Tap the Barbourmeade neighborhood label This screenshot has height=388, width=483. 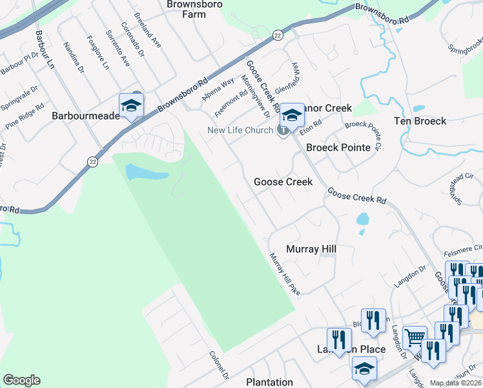click(82, 116)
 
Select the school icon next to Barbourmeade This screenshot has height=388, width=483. click(131, 105)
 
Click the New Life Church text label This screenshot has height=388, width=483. click(240, 131)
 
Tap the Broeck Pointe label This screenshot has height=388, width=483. click(338, 147)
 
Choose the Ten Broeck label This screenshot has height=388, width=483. click(420, 121)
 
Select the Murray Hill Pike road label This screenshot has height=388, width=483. click(285, 272)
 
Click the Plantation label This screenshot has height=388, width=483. click(269, 382)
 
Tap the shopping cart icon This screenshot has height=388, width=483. click(415, 337)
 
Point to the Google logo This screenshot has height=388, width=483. click(21, 380)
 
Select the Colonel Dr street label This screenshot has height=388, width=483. click(220, 365)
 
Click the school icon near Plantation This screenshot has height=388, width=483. click(364, 369)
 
